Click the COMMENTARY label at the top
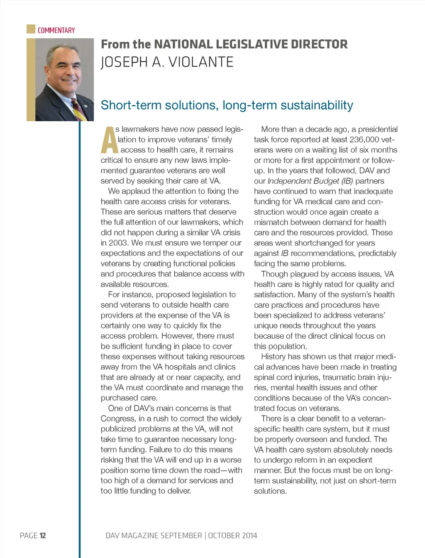click(56, 30)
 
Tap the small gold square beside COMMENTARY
click(31, 29)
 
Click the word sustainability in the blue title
click(317, 105)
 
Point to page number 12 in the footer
click(43, 536)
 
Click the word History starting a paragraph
click(274, 357)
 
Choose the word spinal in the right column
click(264, 377)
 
